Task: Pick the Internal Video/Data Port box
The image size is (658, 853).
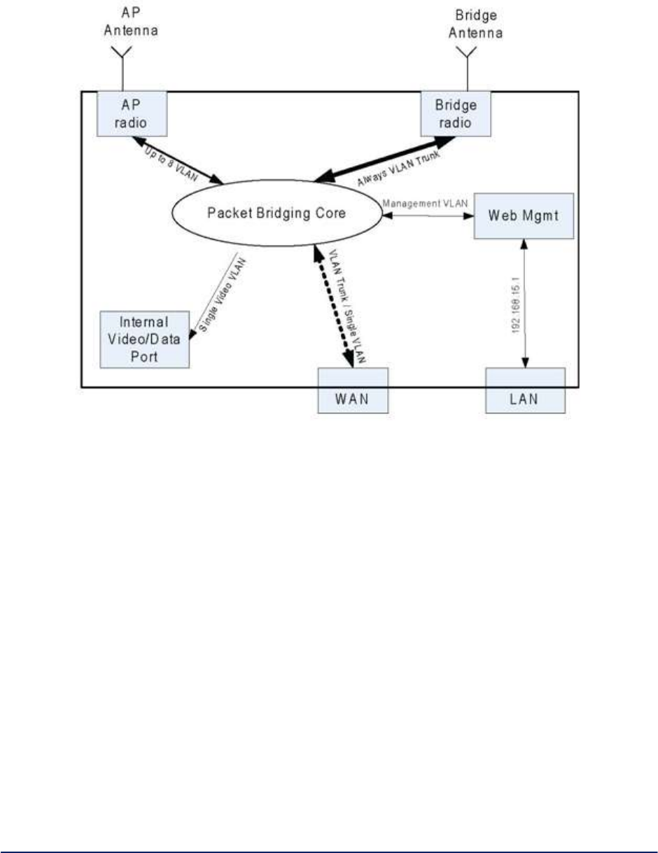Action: click(x=145, y=339)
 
